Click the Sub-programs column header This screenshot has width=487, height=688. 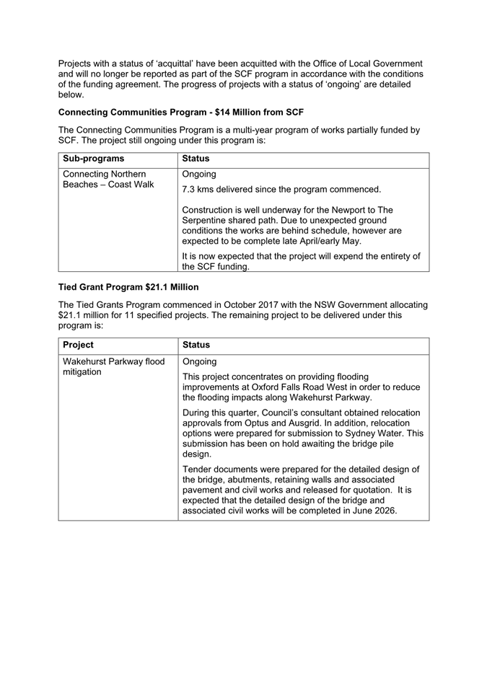(94, 159)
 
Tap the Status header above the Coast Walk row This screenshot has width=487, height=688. (196, 159)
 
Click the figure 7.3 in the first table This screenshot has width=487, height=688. (190, 190)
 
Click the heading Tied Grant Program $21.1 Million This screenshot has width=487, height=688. (128, 287)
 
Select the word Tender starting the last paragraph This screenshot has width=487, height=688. (200, 469)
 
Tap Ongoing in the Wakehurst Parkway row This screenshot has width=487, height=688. (200, 361)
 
